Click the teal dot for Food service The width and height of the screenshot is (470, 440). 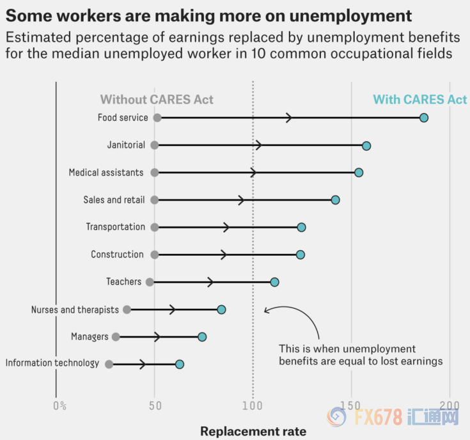(423, 118)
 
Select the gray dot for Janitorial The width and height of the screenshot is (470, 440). (155, 145)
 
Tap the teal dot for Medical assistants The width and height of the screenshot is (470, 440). (359, 173)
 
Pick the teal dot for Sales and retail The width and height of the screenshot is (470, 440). (335, 200)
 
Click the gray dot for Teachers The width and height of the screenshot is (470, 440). (150, 282)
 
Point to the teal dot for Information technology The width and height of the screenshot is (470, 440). (180, 364)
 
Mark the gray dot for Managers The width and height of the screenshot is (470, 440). (116, 337)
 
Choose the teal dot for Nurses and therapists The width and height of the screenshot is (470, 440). (221, 310)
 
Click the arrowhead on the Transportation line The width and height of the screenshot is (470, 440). (226, 227)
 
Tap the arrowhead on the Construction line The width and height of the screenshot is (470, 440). (224, 255)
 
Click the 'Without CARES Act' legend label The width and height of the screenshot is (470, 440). (157, 100)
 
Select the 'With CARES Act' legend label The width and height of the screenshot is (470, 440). (419, 100)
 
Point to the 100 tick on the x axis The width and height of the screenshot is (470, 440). (253, 405)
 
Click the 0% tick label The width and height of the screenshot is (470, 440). (59, 405)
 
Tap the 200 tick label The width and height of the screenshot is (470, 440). (450, 405)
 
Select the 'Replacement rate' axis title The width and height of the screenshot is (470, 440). (253, 431)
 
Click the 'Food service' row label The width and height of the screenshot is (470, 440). (123, 118)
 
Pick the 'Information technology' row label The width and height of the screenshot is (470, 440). (52, 363)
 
